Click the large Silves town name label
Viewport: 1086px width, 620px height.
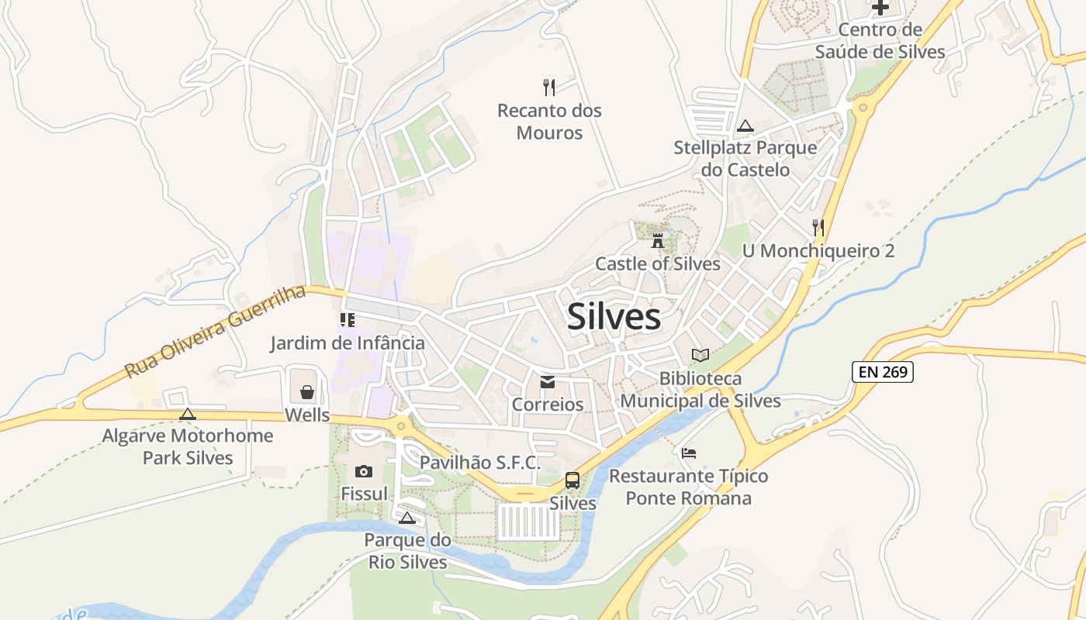[614, 317]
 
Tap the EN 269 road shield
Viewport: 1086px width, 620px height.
[883, 372]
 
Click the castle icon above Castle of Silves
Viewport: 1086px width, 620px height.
[658, 240]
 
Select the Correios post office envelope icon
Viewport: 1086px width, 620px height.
[548, 382]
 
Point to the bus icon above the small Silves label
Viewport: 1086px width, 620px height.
[572, 480]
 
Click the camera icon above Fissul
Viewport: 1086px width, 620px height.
[363, 471]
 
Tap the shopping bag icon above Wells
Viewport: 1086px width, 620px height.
[307, 392]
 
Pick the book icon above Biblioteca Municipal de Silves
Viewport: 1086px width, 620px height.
[700, 356]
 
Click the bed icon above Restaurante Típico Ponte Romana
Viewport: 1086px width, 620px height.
[689, 453]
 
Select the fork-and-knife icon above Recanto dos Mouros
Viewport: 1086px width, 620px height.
[549, 87]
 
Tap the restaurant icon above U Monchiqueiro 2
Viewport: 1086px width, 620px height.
[818, 228]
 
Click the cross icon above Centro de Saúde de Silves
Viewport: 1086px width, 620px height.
[880, 8]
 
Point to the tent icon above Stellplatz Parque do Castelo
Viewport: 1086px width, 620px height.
[745, 126]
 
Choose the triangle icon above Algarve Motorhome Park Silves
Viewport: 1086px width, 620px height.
[188, 414]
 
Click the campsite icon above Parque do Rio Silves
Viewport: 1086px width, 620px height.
[407, 518]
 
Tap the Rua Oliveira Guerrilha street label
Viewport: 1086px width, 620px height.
[215, 331]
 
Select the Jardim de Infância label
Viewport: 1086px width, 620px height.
[348, 343]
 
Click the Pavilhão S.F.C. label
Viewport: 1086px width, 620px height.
[480, 463]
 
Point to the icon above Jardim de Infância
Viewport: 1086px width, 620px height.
[347, 319]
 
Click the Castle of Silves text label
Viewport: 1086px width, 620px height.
[658, 263]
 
